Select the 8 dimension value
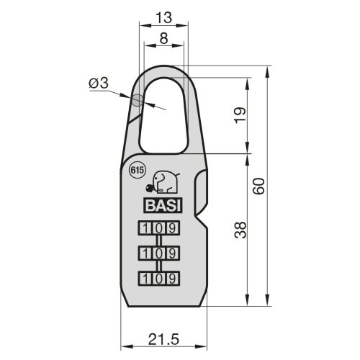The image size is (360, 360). coord(164,40)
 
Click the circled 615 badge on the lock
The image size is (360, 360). coord(137,171)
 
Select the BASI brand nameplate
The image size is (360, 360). coord(164,204)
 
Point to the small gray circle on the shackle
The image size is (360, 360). coord(137,101)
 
